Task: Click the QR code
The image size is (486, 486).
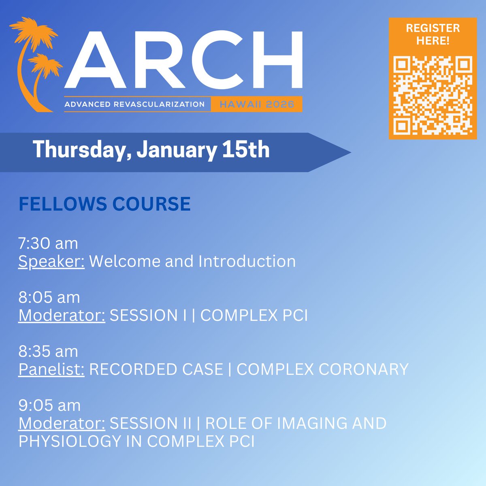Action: (433, 95)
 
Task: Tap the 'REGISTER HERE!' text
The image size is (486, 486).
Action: (433, 34)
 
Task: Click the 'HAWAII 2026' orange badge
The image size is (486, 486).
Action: (257, 104)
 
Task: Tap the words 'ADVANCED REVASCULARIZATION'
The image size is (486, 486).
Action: (134, 104)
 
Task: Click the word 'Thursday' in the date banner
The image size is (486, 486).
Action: (81, 150)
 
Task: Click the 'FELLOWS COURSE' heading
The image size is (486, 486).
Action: (104, 204)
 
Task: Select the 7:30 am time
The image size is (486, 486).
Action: (48, 243)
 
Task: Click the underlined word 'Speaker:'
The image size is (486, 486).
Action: (51, 262)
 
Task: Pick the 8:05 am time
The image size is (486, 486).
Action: (49, 297)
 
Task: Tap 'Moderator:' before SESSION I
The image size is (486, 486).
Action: (62, 315)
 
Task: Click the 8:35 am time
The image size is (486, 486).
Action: (48, 351)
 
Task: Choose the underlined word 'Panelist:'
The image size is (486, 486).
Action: (51, 369)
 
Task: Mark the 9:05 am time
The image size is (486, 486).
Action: (49, 405)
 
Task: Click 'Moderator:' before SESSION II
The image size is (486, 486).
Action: (62, 423)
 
